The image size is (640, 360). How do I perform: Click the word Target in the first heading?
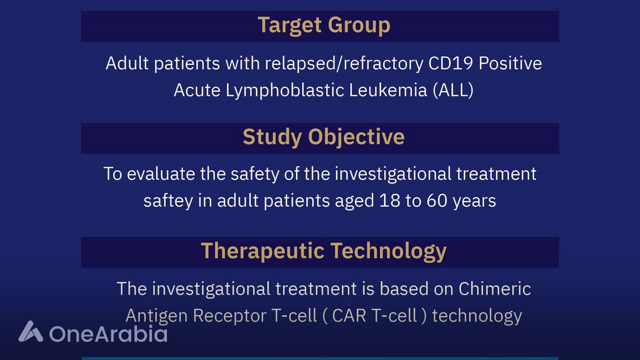[x=290, y=26]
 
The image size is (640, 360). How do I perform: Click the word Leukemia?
[x=388, y=90]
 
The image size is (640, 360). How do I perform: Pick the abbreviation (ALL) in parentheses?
[x=453, y=90]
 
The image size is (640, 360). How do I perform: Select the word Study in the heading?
[x=273, y=138]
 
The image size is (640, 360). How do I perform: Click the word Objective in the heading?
[x=356, y=138]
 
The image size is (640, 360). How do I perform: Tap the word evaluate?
[x=161, y=174]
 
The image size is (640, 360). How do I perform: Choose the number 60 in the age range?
[x=437, y=201]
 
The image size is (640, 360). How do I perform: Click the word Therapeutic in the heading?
[x=263, y=251]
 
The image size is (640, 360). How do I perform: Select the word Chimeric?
[x=495, y=289]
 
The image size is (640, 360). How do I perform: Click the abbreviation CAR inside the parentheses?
[x=349, y=316]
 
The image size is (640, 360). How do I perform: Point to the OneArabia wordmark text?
[x=108, y=333]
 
